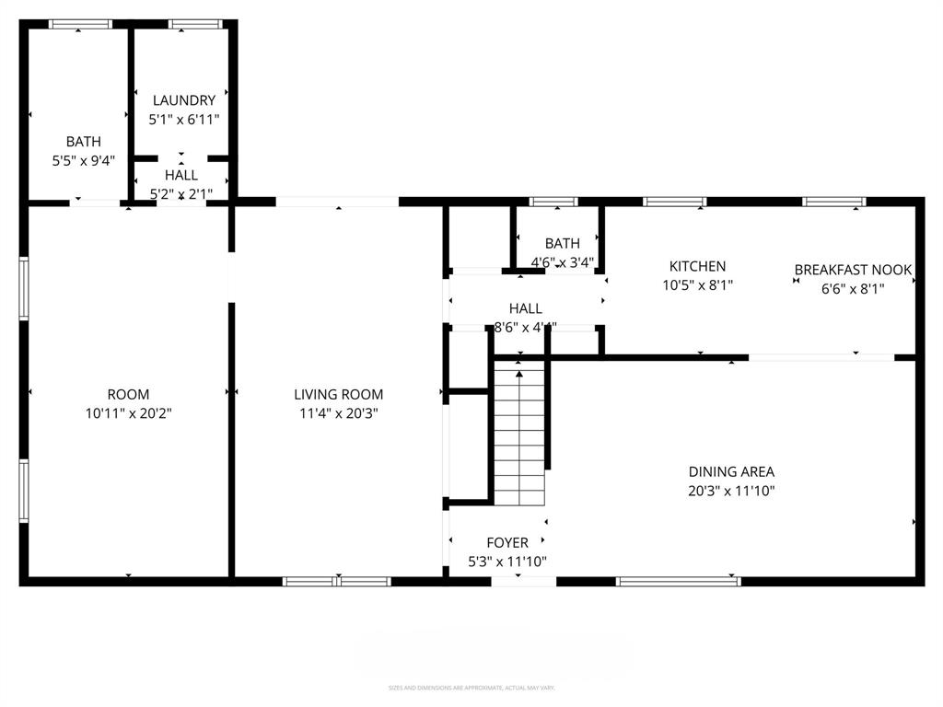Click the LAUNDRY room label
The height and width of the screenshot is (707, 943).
click(184, 100)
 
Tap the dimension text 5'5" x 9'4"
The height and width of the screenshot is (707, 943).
click(83, 160)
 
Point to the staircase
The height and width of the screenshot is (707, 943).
click(520, 433)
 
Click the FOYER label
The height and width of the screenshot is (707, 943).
click(507, 543)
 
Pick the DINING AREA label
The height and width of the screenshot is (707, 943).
click(731, 472)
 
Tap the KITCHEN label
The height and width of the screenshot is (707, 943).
click(697, 266)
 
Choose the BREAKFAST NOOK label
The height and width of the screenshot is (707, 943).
click(853, 270)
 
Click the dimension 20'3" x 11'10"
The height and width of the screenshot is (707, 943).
click(731, 491)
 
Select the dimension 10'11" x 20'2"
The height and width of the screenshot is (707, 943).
click(128, 413)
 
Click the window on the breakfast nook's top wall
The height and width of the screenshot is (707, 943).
click(833, 202)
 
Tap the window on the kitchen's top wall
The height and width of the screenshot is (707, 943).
click(674, 202)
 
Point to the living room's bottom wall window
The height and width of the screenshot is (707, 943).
click(337, 581)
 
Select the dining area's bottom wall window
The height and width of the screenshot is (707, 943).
click(678, 581)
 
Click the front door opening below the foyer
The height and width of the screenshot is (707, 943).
click(523, 581)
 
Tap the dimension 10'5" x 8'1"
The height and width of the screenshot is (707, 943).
click(697, 285)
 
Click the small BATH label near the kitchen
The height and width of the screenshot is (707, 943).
click(562, 244)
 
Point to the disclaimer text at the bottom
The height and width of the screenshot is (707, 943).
click(471, 688)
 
